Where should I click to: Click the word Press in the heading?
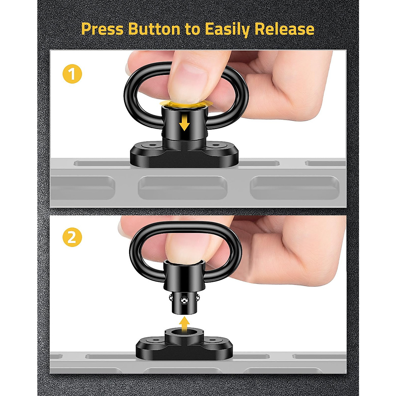click(x=102, y=29)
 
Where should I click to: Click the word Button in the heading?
click(x=154, y=29)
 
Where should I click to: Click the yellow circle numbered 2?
click(x=72, y=237)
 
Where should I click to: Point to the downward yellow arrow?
click(x=184, y=125)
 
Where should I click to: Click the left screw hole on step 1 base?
click(x=152, y=145)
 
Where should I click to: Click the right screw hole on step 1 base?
click(x=216, y=145)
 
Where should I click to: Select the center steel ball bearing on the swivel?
click(x=184, y=300)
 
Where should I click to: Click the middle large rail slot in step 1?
click(x=182, y=187)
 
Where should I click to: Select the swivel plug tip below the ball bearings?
click(x=184, y=310)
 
